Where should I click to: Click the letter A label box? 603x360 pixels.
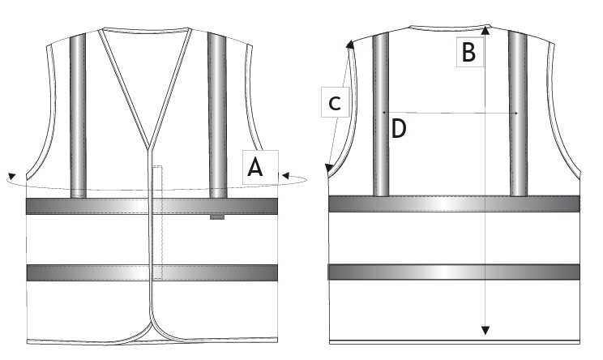click(260, 167)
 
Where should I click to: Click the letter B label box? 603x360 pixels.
click(469, 52)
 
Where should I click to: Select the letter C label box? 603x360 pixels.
click(336, 102)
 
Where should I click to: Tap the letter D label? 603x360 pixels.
click(399, 128)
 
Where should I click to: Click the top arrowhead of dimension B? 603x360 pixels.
click(486, 29)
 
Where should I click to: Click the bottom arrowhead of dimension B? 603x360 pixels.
click(485, 330)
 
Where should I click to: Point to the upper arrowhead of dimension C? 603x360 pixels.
click(350, 45)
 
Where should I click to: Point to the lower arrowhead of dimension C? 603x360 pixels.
click(329, 168)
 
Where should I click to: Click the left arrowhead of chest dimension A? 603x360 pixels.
click(11, 176)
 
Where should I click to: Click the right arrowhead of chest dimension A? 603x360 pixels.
click(285, 176)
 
